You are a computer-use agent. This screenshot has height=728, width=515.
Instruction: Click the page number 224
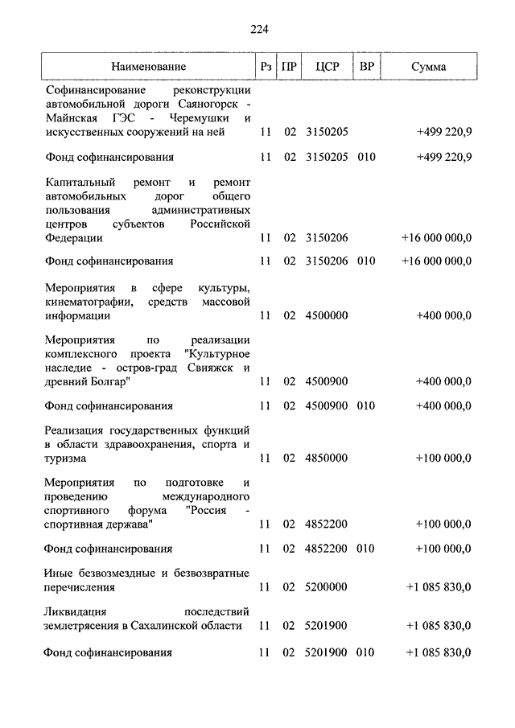(258, 30)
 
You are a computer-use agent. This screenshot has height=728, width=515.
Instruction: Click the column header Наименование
(149, 67)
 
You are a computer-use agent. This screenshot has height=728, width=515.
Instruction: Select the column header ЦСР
(327, 67)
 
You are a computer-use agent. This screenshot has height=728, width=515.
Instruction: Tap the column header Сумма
(428, 67)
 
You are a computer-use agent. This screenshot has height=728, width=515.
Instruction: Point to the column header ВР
(366, 67)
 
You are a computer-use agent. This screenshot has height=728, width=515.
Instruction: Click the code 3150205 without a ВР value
(327, 131)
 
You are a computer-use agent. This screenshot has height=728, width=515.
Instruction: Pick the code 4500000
(327, 316)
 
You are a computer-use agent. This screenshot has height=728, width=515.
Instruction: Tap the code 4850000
(327, 458)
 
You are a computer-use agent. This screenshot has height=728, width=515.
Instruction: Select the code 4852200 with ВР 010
(327, 549)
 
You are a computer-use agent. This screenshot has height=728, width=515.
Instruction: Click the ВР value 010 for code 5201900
(366, 652)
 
